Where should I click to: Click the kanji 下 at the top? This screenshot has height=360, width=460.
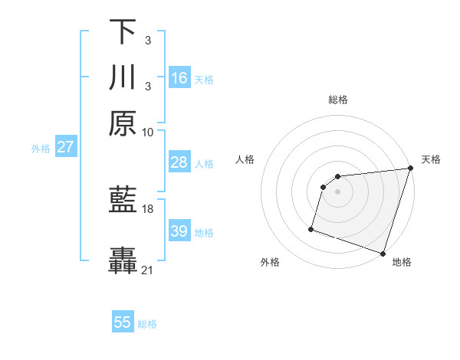[x=123, y=32]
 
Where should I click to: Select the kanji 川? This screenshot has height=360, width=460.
[x=123, y=78]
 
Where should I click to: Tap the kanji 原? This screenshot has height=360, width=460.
[x=123, y=123]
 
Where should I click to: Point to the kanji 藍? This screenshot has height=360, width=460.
[x=123, y=201]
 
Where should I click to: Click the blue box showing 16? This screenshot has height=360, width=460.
[x=179, y=78]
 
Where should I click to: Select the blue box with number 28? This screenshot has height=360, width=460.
[x=179, y=162]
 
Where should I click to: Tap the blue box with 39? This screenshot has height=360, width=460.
[x=179, y=231]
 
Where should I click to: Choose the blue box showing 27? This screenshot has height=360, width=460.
[x=65, y=147]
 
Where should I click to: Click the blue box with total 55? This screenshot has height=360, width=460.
[x=123, y=322]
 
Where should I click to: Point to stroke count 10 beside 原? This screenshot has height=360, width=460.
[x=148, y=133]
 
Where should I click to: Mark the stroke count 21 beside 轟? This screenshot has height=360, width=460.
[x=148, y=270]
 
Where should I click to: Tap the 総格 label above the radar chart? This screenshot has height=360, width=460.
[x=337, y=100]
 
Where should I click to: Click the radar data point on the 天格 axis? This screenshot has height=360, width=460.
[x=410, y=169]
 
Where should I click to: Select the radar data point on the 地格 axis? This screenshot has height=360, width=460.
[x=383, y=253]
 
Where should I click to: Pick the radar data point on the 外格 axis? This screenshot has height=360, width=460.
[x=311, y=228]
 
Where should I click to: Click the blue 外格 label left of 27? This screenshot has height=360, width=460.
[x=40, y=148]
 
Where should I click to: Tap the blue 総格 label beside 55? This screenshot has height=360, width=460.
[x=147, y=324]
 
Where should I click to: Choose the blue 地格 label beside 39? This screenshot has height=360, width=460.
[x=204, y=232]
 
